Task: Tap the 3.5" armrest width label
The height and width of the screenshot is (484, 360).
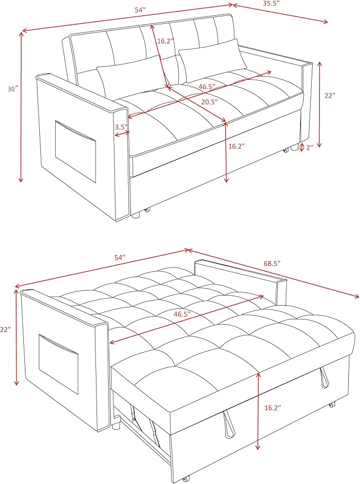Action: (120, 127)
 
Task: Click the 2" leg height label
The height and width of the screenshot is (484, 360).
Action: (309, 147)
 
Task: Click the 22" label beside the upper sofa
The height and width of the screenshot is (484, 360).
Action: (330, 96)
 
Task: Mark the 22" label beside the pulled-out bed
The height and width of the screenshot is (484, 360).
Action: (5, 330)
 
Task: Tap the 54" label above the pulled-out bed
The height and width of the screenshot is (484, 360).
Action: (120, 257)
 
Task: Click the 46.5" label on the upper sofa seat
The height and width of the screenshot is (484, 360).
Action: (210, 86)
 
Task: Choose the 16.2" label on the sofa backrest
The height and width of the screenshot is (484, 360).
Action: (165, 39)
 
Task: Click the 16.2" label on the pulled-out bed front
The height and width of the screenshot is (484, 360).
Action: (273, 408)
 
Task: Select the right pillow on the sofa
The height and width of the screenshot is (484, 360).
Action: (213, 61)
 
